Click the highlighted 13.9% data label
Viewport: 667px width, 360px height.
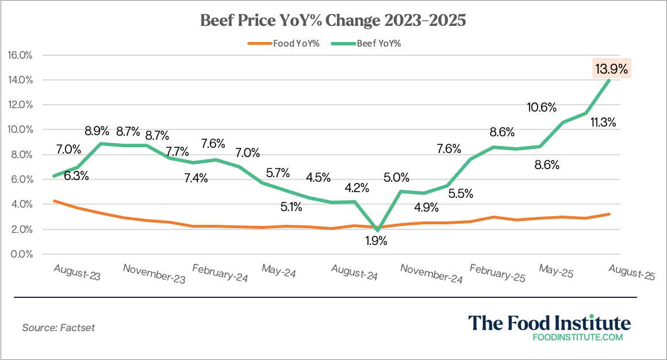(x=612, y=69)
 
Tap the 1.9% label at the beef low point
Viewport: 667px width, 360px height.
(x=376, y=241)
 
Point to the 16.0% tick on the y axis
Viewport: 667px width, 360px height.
(x=20, y=55)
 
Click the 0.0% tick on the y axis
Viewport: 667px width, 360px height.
(x=21, y=254)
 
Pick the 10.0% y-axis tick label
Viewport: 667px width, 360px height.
(x=20, y=130)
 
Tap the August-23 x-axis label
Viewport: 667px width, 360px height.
(x=77, y=272)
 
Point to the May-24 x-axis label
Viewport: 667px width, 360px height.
(x=278, y=271)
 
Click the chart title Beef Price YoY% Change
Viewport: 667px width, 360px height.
(x=333, y=21)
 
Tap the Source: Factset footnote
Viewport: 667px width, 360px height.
(x=58, y=328)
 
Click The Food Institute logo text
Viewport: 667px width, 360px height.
(x=549, y=322)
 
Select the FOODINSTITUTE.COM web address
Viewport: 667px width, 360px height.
(x=578, y=338)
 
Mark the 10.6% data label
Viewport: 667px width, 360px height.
(x=541, y=107)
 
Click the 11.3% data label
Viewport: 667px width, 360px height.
(x=603, y=122)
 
